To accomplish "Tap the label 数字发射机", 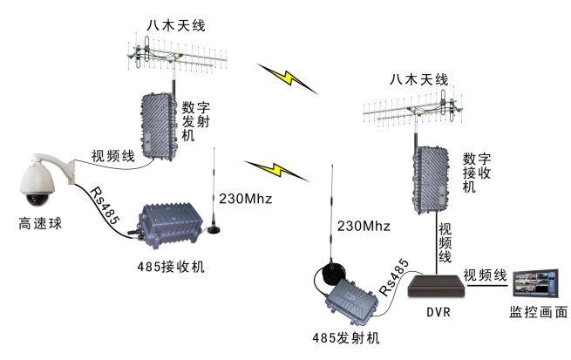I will coord(194,123).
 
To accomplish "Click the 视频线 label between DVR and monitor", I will coord(485,275).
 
